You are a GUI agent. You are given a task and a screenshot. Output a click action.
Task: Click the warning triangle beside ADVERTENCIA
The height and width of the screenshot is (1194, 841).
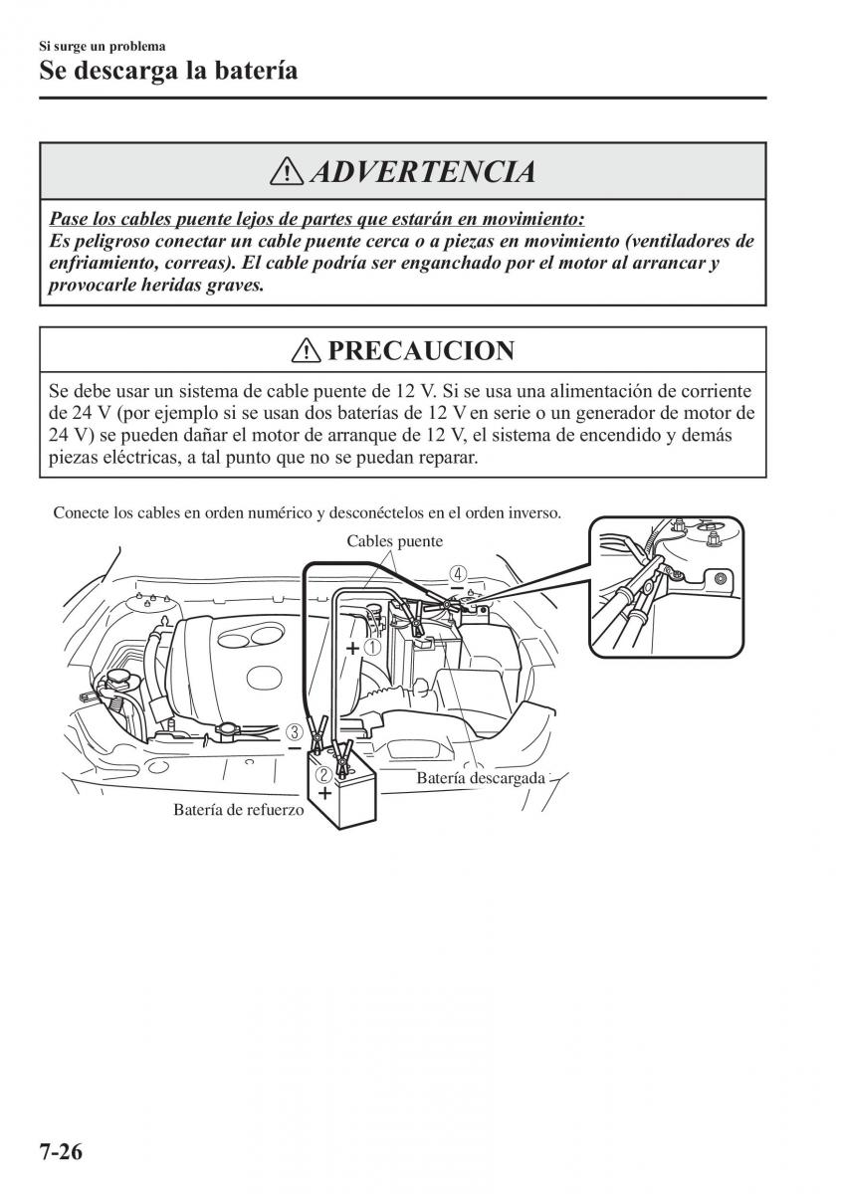[289, 172]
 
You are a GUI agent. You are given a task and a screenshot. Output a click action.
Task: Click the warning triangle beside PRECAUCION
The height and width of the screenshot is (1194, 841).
[306, 350]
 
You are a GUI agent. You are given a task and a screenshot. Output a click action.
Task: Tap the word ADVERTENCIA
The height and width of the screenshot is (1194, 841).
[422, 172]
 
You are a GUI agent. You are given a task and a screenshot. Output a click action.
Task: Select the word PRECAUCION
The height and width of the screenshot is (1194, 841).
[420, 350]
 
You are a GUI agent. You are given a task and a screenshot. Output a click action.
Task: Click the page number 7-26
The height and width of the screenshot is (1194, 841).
[48, 1152]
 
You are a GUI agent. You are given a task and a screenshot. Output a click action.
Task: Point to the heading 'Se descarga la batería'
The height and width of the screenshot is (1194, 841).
[168, 71]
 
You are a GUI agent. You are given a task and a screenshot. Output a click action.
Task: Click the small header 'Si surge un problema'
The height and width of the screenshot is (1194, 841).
[102, 46]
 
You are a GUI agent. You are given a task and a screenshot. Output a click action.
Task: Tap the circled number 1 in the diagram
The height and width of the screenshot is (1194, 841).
[372, 646]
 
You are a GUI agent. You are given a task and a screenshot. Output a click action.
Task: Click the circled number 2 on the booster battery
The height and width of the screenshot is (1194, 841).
[323, 774]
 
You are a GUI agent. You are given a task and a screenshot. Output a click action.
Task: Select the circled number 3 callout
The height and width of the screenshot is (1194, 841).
[295, 732]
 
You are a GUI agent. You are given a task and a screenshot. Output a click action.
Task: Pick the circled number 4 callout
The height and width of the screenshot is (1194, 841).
[457, 574]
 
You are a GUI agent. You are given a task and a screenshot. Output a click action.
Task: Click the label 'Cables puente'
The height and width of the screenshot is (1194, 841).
[394, 541]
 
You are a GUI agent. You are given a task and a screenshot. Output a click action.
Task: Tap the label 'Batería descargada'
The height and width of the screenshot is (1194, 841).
[481, 778]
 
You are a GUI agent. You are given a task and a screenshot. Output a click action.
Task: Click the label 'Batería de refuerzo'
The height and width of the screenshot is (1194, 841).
[238, 810]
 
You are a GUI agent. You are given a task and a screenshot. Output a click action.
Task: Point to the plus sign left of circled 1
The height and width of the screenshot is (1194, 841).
[352, 647]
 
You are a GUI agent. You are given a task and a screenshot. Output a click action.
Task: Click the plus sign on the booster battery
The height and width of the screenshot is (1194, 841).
[323, 793]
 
